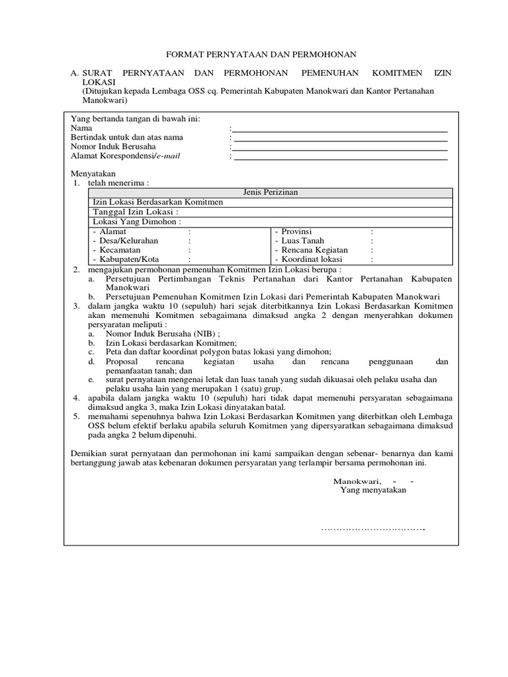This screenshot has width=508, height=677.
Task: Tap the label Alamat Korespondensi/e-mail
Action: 125,156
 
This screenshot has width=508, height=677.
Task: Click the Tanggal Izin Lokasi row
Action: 136,212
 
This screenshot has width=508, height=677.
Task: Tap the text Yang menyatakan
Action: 373,491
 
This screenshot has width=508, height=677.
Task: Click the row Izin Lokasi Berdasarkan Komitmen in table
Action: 158,202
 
